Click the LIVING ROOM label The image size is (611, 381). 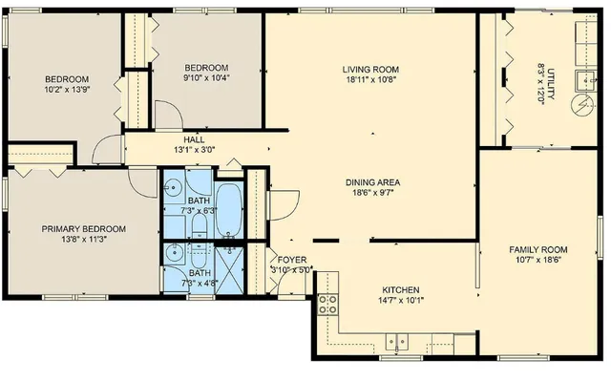[x=370, y=70]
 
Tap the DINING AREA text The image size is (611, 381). [x=372, y=181]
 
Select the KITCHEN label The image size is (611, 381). [x=401, y=289]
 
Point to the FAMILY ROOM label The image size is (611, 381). [x=537, y=248]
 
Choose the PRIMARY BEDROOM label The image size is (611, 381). [x=83, y=229]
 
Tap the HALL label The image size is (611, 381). [x=194, y=139]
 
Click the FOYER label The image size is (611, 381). [x=291, y=259]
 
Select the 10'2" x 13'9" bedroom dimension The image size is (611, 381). [x=66, y=90]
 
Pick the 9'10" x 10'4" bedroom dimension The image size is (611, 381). [x=206, y=78]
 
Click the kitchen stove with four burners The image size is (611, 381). [x=327, y=305]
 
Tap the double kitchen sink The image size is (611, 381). [x=397, y=340]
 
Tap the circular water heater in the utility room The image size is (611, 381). [x=579, y=104]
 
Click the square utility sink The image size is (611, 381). [x=582, y=78]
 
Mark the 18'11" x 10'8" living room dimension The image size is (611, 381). [x=370, y=81]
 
